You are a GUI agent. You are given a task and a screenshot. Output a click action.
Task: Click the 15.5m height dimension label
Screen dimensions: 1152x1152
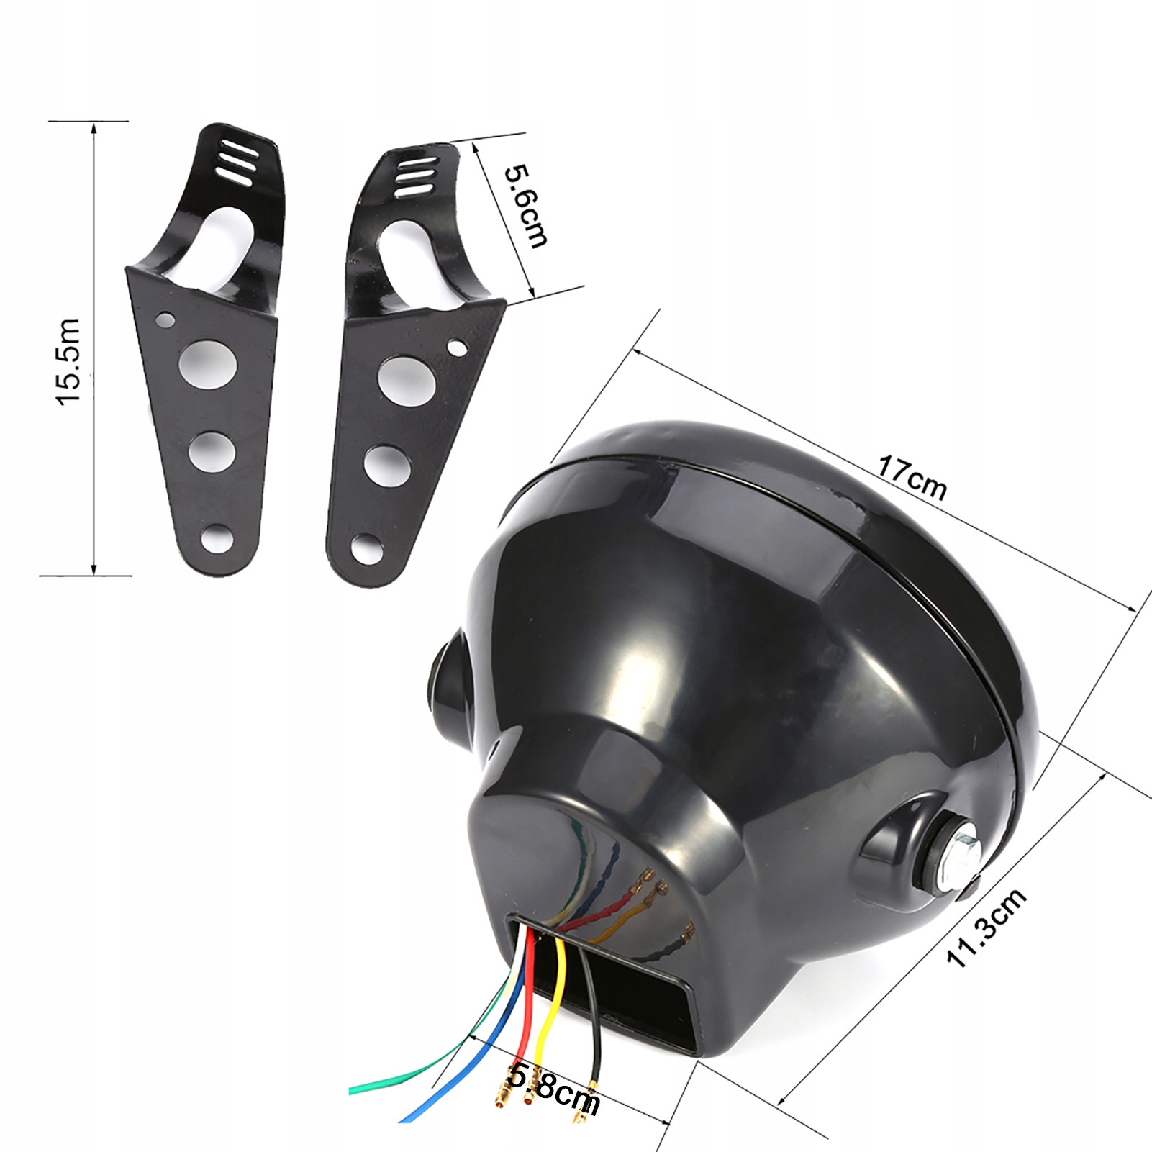pyautogui.click(x=70, y=362)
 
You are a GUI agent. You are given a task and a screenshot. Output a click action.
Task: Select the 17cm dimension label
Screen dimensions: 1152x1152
pyautogui.click(x=911, y=478)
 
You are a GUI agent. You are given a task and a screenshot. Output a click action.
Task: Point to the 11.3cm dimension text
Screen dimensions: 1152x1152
pyautogui.click(x=987, y=928)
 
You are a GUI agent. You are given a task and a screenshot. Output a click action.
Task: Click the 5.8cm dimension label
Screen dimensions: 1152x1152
pyautogui.click(x=553, y=1090)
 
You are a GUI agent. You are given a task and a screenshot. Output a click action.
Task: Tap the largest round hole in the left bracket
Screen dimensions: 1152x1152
pyautogui.click(x=209, y=363)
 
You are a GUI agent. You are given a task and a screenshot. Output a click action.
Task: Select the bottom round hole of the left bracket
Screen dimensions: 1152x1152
pyautogui.click(x=218, y=540)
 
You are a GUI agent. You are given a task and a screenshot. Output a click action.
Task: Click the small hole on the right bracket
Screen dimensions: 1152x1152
pyautogui.click(x=456, y=348)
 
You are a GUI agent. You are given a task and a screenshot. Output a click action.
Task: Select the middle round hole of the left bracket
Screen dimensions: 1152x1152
pyautogui.click(x=213, y=451)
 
